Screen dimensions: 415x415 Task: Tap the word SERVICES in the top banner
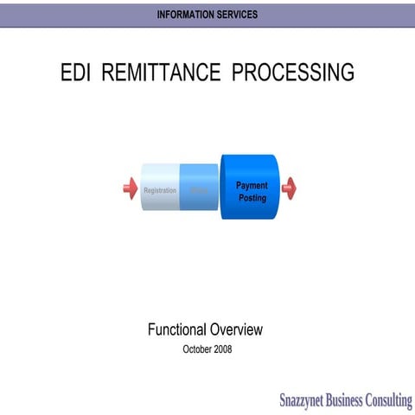coord(237,15)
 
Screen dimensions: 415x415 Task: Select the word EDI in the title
coord(75,73)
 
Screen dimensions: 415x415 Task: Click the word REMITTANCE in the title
coord(161,73)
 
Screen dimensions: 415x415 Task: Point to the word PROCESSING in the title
coord(293,73)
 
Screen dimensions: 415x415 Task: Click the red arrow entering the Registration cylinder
coord(130,188)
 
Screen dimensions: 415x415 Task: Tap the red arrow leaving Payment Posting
coord(289,188)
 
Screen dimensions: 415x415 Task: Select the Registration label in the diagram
coord(160,190)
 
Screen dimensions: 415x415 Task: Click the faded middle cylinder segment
coord(200,188)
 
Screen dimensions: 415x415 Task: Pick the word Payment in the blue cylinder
coord(252,185)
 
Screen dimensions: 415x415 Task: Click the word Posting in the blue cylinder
coord(252,198)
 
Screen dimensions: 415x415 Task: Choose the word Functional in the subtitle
coord(177,329)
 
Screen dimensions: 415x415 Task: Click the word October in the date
coord(196,349)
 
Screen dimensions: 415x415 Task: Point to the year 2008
coord(222,349)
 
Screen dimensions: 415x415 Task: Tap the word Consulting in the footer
coord(391,400)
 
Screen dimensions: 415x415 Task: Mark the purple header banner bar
coord(86,15)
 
